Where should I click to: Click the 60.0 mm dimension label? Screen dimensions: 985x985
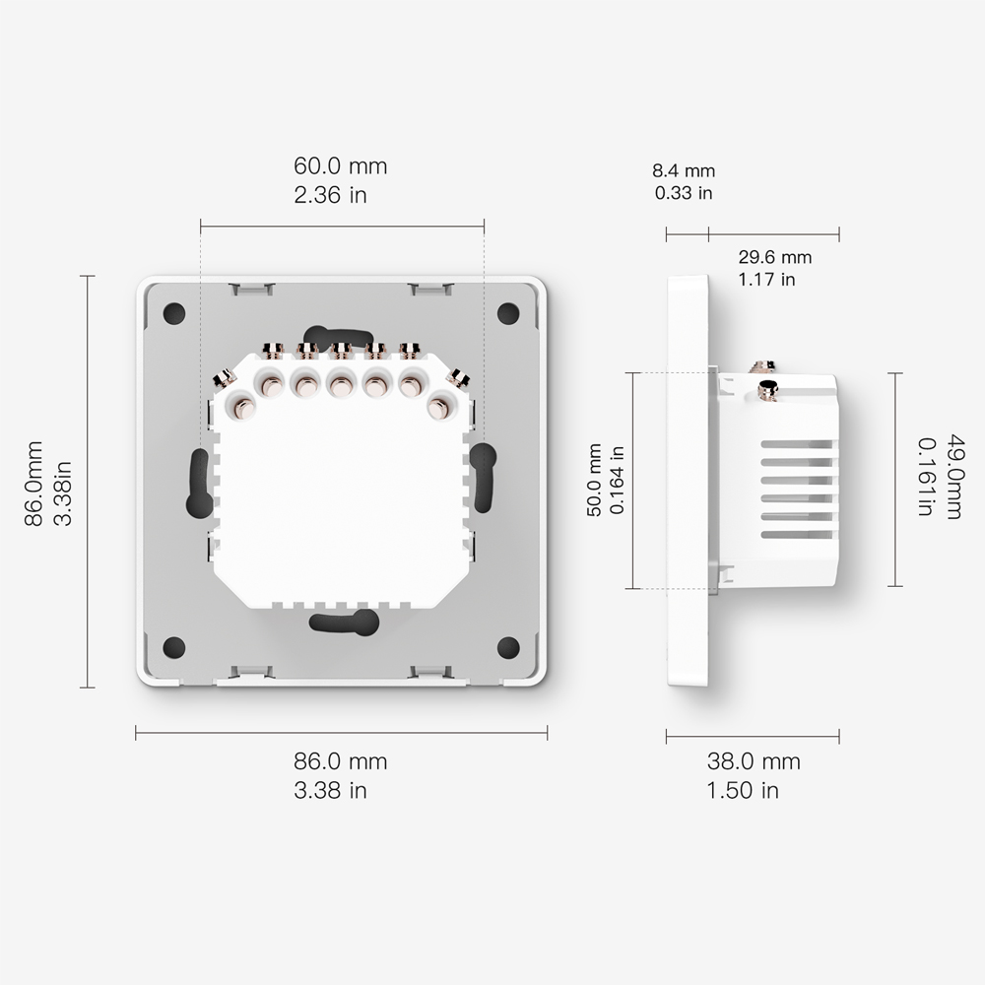coord(341,166)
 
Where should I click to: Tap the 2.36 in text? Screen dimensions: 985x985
coord(330,194)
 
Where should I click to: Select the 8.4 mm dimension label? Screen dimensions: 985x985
coord(684,171)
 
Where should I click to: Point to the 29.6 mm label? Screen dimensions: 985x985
coord(775,257)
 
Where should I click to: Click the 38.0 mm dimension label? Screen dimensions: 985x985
coord(754,760)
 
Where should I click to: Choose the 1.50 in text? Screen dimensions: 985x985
coord(743,790)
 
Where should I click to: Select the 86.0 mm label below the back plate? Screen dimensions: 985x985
coord(341,760)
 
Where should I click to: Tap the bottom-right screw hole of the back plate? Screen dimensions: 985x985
coord(508,647)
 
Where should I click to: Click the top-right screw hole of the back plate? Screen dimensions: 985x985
coord(508,313)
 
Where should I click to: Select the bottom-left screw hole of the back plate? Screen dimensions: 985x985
coord(174,647)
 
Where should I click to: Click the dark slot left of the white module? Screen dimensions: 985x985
coord(198,483)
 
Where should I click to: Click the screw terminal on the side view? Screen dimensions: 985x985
coord(765,391)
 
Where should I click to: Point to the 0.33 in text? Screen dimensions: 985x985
coord(684,193)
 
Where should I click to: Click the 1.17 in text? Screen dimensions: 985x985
coord(767,280)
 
